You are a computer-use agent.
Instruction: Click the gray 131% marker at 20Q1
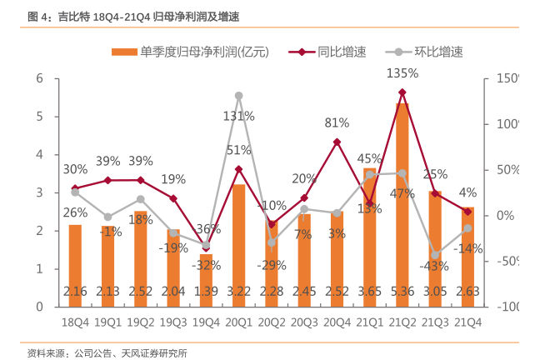tap(238, 96)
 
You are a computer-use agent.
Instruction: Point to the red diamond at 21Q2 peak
tap(402, 92)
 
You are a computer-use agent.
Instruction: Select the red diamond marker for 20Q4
tap(337, 142)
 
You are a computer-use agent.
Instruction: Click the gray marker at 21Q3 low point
tap(435, 255)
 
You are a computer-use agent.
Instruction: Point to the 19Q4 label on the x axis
tap(206, 322)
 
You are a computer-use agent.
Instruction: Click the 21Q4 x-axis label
tap(467, 322)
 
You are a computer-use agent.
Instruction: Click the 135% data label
tap(402, 73)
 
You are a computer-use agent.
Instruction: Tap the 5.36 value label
tap(402, 292)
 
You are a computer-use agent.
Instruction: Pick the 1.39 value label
tap(206, 292)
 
